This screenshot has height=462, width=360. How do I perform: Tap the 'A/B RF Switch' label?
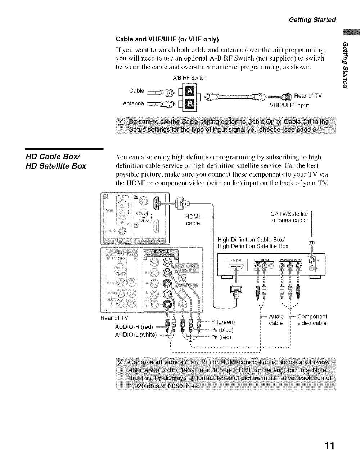(190, 78)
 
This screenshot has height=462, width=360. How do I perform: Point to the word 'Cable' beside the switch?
(137, 90)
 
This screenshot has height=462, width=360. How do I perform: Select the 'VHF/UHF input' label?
(289, 106)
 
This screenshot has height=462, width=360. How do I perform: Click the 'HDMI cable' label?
(193, 220)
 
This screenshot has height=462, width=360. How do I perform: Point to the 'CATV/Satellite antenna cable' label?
(289, 217)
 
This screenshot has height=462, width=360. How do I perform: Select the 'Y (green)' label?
(223, 322)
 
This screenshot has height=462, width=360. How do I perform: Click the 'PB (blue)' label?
(222, 330)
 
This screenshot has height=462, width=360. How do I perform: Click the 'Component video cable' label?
(312, 320)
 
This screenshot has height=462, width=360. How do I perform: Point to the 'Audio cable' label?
(276, 320)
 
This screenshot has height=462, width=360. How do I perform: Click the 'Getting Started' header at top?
(312, 19)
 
